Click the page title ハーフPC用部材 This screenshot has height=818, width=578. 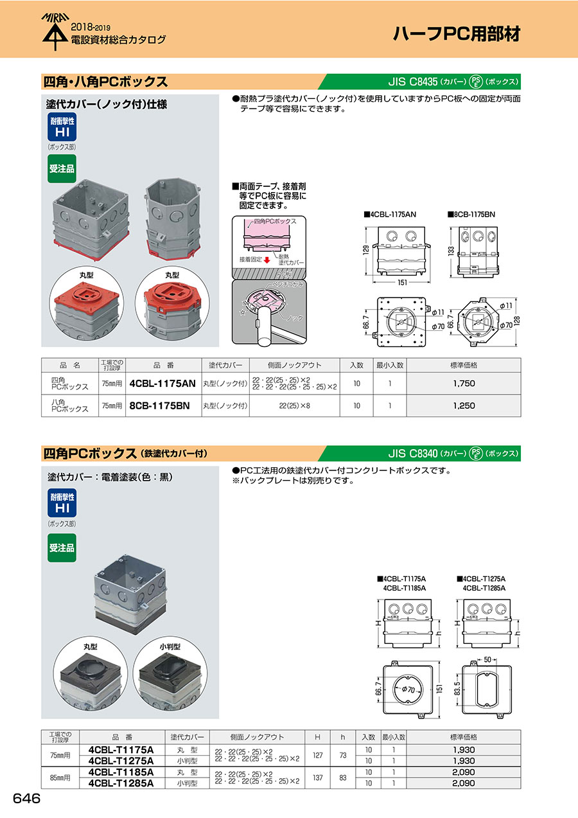[x=456, y=34]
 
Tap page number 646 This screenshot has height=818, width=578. [x=26, y=799]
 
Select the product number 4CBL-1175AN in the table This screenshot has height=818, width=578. [x=162, y=383]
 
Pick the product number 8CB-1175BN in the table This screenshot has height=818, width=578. [x=159, y=405]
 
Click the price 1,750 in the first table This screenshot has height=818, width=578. [x=463, y=383]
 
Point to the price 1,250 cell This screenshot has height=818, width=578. [x=463, y=405]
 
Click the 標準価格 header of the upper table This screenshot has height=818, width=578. [x=463, y=365]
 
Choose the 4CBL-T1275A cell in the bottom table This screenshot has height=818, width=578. [x=121, y=761]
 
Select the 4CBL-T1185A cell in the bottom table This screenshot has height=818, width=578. [x=121, y=772]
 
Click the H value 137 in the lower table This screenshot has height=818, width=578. [x=317, y=778]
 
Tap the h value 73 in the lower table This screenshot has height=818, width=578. [x=343, y=755]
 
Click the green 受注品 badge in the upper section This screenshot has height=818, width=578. [x=62, y=168]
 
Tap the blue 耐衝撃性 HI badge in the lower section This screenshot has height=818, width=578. [x=62, y=502]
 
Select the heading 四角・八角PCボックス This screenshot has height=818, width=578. [x=105, y=82]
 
